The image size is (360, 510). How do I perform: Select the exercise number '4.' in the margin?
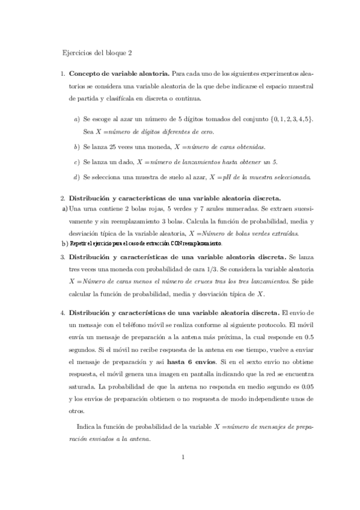[63, 313]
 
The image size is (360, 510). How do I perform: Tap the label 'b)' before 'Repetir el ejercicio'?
[65, 244]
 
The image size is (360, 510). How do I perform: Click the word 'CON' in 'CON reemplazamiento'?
[175, 244]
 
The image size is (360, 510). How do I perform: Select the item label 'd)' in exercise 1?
[76, 177]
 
